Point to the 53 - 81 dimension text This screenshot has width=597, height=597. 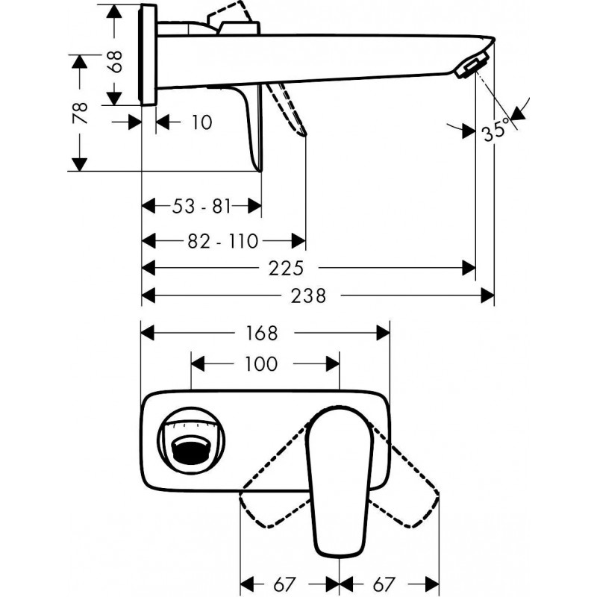click(202, 207)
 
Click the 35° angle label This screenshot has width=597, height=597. click(495, 131)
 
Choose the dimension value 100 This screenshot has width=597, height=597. click(260, 364)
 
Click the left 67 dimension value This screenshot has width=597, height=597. click(288, 583)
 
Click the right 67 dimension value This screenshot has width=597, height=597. click(389, 583)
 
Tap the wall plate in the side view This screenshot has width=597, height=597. click(149, 56)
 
